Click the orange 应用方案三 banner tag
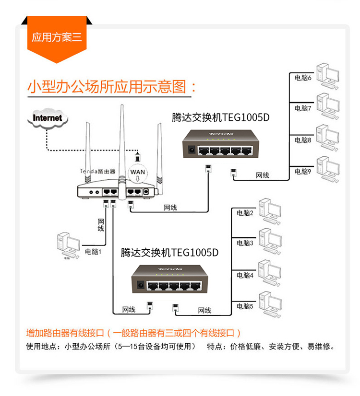click(x=57, y=37)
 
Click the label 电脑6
click(x=303, y=77)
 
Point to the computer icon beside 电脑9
click(x=328, y=168)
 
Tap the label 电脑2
click(x=245, y=212)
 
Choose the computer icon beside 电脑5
click(x=270, y=304)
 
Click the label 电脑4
click(x=245, y=275)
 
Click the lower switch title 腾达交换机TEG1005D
click(x=169, y=251)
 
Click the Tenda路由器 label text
click(x=97, y=171)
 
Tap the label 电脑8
click(x=303, y=140)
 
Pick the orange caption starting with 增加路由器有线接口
click(x=133, y=333)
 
